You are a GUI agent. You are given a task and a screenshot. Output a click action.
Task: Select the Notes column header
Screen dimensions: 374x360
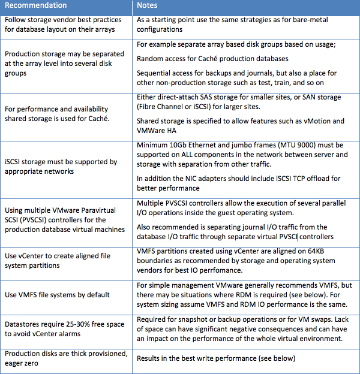point(148,5)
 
